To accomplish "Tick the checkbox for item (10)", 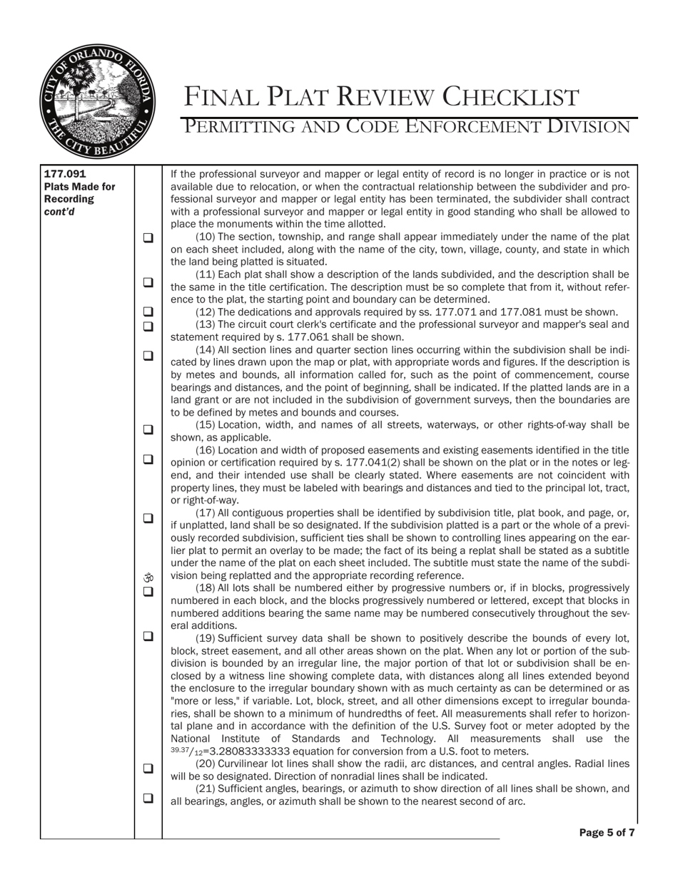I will point(148,238).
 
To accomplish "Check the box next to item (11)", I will point(148,282).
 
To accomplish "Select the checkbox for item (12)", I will point(148,312).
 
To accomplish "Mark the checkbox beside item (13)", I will point(148,327).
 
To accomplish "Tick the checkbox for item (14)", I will point(148,355).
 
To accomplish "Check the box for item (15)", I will point(148,429).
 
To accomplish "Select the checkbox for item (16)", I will point(148,459).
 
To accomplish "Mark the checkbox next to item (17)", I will point(148,518).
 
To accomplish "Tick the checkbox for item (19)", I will point(148,636).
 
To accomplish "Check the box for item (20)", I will point(148,769).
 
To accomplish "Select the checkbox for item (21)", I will point(148,799).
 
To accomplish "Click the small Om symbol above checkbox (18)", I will point(148,578).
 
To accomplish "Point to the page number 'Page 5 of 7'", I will point(607,832).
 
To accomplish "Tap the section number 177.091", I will point(60,173).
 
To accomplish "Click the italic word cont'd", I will point(59,212).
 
